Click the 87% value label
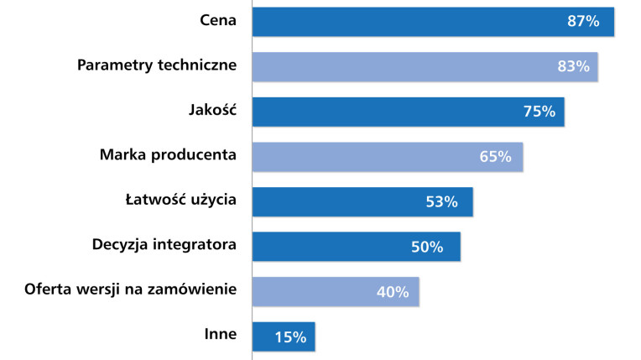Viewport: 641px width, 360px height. coord(583,22)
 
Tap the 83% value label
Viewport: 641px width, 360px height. coord(573,66)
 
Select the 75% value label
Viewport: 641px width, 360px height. coord(539,112)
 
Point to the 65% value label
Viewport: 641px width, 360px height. coord(495,157)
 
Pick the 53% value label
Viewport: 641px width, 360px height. coord(441,202)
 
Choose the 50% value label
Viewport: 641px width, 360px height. coord(426,247)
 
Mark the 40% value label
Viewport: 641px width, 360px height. coord(392,292)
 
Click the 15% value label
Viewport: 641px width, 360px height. coord(291,337)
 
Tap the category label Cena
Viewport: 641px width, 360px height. coord(218,19)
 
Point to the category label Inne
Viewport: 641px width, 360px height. coord(221,334)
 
